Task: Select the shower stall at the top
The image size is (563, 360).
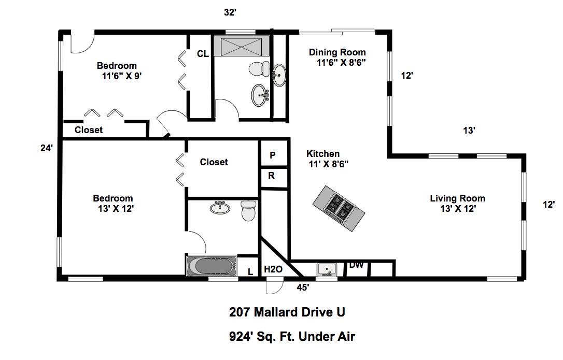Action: (242, 46)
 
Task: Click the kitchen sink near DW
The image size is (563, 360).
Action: (327, 269)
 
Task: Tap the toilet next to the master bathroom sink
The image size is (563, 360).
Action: (249, 211)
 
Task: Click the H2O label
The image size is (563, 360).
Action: (273, 269)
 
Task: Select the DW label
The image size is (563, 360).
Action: (356, 265)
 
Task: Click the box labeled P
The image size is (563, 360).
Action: (273, 155)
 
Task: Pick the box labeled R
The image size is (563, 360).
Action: (272, 176)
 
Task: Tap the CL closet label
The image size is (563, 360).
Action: (203, 53)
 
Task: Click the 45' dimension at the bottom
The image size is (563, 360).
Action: (303, 286)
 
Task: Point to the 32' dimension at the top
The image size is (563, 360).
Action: (231, 12)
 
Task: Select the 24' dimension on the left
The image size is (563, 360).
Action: (47, 148)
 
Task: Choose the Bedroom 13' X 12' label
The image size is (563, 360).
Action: (113, 203)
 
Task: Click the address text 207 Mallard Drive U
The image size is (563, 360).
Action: (287, 312)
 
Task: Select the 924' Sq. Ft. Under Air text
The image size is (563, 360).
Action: (292, 337)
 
